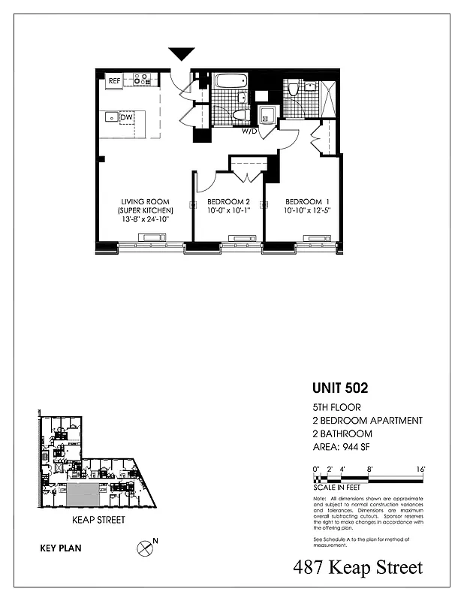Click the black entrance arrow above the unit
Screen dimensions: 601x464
[x=181, y=53]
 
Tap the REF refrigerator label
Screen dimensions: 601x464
[x=115, y=80]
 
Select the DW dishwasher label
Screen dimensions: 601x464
[x=127, y=118]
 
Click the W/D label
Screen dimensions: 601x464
[x=249, y=131]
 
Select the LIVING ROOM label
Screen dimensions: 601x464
[x=146, y=201]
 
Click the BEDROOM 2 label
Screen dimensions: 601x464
[x=228, y=201]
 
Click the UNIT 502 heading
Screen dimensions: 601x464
[x=340, y=389]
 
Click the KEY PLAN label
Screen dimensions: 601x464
[x=60, y=548]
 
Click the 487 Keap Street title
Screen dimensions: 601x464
[x=358, y=568]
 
